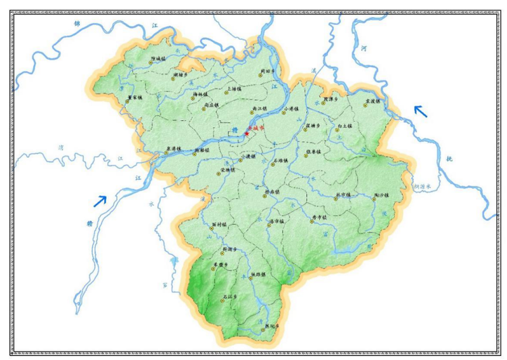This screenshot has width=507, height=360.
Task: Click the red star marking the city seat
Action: tap(247, 134)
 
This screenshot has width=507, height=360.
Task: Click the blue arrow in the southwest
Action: tap(100, 201)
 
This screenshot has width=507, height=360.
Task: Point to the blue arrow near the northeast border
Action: tap(420, 111)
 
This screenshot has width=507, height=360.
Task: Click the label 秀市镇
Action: tap(320, 217)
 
